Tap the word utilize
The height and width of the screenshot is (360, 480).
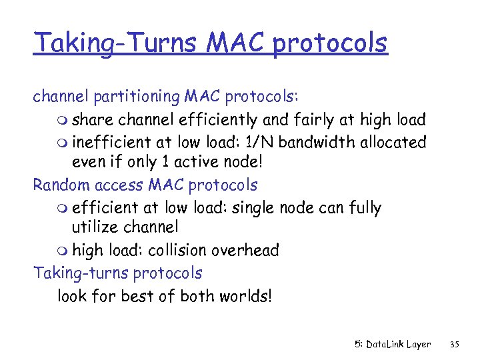(97, 228)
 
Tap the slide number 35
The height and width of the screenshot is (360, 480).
(455, 344)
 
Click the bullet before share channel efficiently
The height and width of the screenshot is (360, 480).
(62, 121)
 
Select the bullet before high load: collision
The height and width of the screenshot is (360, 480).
(62, 251)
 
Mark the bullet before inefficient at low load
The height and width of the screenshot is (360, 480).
(62, 143)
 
